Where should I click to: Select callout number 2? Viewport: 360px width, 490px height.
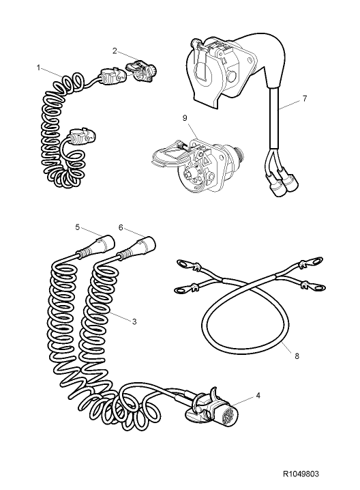click(115, 50)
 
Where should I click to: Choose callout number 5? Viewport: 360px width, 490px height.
click(78, 227)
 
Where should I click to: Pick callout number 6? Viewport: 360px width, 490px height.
click(120, 227)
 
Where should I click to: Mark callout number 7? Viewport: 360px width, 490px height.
click(304, 98)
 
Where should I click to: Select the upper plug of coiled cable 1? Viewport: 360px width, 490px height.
click(110, 77)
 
